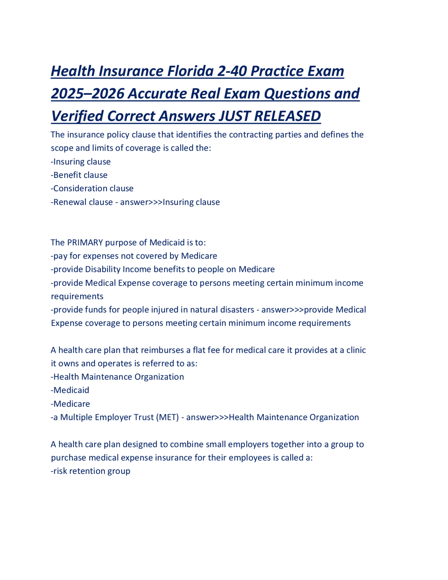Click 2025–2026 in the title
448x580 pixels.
coord(87,94)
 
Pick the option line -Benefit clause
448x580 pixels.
coord(79,175)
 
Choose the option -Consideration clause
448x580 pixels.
coord(92,188)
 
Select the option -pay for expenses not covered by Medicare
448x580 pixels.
coord(134,256)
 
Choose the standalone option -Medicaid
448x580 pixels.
coord(70,390)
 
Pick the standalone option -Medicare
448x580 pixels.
coord(70,404)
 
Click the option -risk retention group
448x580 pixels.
coord(90,471)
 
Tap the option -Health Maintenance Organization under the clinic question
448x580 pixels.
coord(117,377)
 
